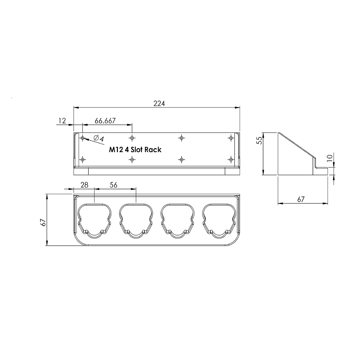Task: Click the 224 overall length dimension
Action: coord(159,103)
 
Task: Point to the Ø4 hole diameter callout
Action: coord(98,139)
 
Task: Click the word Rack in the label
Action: coord(153,149)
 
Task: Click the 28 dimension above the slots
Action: coord(85,185)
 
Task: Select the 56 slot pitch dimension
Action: coord(113,185)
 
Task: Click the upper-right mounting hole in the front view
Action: coord(231,138)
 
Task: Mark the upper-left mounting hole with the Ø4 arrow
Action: coord(82,138)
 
